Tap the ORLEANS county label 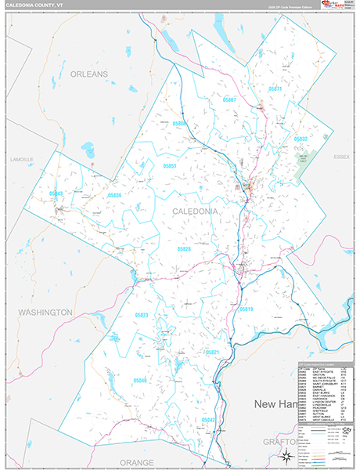pos(88,74)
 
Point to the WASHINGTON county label pos(45,312)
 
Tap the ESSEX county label pos(340,157)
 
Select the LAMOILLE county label pos(21,159)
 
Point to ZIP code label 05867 pos(229,100)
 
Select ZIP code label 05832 pos(301,139)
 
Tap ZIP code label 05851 pos(170,167)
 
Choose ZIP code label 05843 pos(56,193)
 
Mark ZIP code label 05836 pos(115,194)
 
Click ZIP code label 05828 pos(184,248)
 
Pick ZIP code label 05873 pos(142,315)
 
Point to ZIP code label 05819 pos(246,309)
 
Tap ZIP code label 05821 pos(212,352)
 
